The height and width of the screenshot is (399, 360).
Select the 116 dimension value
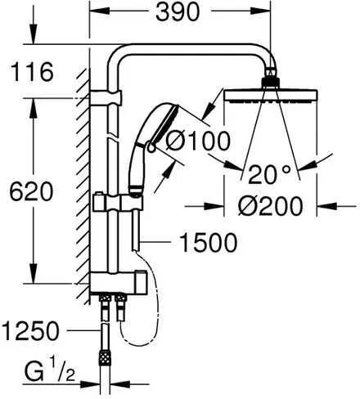[x=29, y=71]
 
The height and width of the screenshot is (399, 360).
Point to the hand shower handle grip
[x=136, y=172]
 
